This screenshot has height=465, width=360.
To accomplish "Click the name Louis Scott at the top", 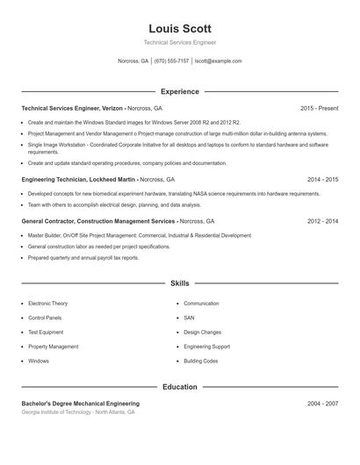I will pos(179,29).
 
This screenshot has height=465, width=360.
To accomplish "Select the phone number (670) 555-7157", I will pos(171,61).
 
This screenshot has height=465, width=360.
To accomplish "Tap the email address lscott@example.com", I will pos(218,61).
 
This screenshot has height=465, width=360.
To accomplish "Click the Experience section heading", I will pos(179,91).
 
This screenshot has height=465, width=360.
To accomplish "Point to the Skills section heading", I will pos(179,283).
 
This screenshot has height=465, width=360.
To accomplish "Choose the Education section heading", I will pos(179,387).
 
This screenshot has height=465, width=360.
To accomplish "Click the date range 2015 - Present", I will pos(319,108).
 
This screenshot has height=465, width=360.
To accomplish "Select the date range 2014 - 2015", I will pos(322,178).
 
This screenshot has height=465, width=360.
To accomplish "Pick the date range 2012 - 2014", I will pos(322,221).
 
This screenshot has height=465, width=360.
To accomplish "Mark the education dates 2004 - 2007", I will pos(322,404).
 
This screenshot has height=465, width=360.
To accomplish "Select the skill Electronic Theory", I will pos(47,304).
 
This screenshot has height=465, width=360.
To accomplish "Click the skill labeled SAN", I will pos(189,318).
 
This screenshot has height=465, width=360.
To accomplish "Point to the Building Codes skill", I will pos(200,361).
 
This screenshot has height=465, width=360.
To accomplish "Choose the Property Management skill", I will pos(53,347).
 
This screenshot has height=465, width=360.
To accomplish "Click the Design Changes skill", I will pos(202,333).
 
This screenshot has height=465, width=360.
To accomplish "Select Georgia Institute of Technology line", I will pos(78,411).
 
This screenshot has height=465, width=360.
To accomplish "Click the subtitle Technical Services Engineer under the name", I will pos(179,42).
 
